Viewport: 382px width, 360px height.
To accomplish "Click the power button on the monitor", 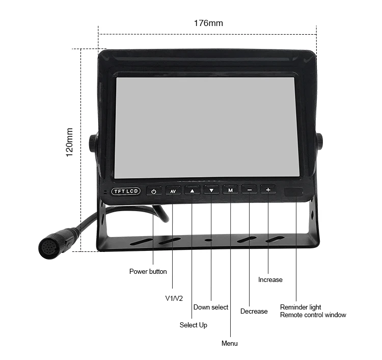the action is (x=154, y=191).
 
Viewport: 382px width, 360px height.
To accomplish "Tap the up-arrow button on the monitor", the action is (x=192, y=191).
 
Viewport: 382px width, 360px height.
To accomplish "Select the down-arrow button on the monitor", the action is (x=211, y=190).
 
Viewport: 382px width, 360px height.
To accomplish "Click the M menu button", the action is (x=230, y=190).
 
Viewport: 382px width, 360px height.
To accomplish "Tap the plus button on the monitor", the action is (x=268, y=189).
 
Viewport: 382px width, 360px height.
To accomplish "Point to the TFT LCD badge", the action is (x=126, y=191).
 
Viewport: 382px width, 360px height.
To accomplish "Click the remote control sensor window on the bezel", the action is (x=294, y=192).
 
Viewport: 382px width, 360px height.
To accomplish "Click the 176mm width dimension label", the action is (x=208, y=23).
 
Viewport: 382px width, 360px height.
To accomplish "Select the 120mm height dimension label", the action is (x=70, y=142).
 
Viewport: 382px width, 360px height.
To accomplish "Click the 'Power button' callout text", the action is (x=148, y=271).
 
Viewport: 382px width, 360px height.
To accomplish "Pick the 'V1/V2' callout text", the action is (x=174, y=297).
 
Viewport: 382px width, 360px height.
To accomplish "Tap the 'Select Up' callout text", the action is (x=194, y=325).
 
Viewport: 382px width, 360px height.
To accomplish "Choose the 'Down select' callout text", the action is (x=211, y=307).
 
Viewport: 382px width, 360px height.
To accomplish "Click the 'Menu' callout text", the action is (x=230, y=343).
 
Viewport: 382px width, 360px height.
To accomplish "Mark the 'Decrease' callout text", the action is (x=254, y=311).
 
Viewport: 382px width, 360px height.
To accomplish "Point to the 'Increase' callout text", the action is (x=270, y=279).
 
